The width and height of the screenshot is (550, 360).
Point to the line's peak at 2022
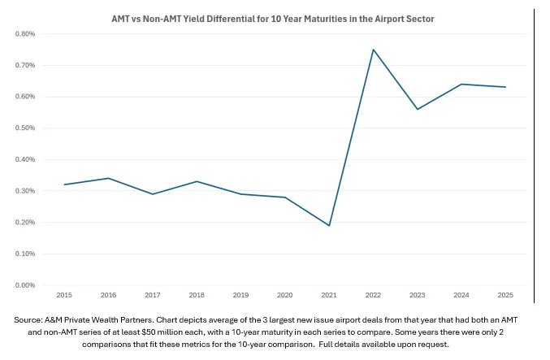(x=373, y=50)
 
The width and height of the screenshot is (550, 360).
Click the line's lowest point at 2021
(x=329, y=225)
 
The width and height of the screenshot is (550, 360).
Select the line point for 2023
(x=417, y=109)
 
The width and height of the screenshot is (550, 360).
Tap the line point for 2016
(x=108, y=178)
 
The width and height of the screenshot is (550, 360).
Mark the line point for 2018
(x=197, y=181)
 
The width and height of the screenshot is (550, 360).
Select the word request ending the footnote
(x=451, y=345)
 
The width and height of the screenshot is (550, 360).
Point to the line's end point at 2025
(x=505, y=87)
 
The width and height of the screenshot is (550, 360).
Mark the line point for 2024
(x=461, y=85)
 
